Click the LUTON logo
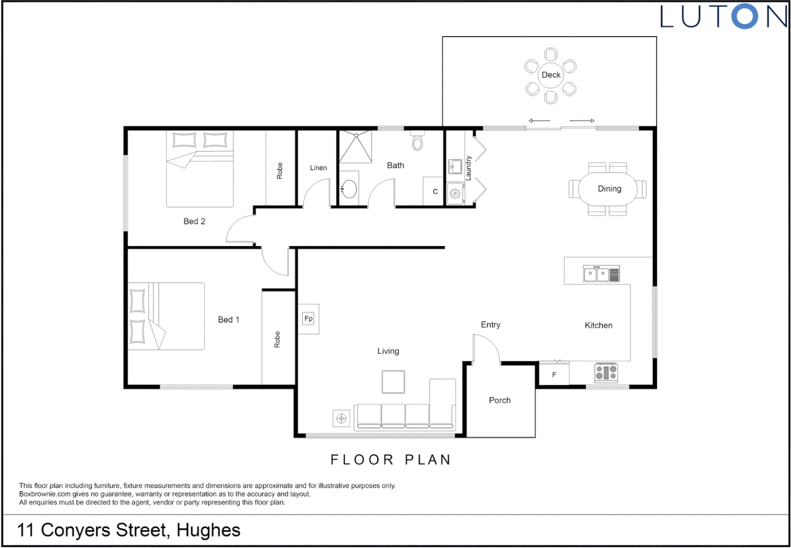click(x=723, y=17)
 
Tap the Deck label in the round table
click(x=551, y=75)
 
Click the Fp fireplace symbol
click(x=308, y=319)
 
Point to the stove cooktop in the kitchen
click(x=606, y=373)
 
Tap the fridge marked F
click(x=554, y=374)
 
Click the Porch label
click(x=500, y=400)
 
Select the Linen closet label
click(x=318, y=168)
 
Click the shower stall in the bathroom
click(x=355, y=147)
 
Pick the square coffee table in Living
click(x=393, y=382)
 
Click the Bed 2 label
click(x=194, y=221)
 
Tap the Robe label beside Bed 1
click(x=277, y=339)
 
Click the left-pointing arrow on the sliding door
click(x=539, y=121)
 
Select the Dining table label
click(x=609, y=189)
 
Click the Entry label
click(x=490, y=325)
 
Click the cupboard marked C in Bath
click(x=435, y=191)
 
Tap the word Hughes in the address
click(x=208, y=530)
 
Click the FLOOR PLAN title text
click(x=390, y=460)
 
